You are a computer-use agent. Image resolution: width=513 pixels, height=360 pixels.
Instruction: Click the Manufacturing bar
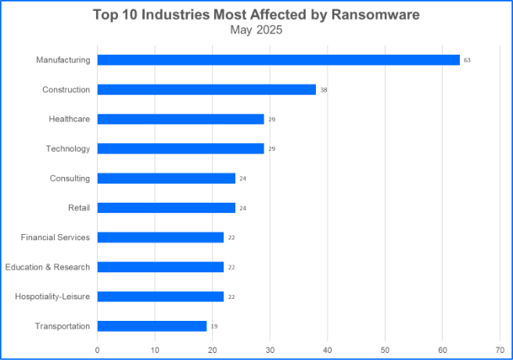(x=278, y=59)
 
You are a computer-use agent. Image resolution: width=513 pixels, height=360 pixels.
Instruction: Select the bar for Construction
(x=206, y=89)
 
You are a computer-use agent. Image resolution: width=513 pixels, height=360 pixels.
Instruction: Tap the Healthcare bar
(x=181, y=119)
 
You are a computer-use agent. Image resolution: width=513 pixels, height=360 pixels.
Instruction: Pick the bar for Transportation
(x=152, y=326)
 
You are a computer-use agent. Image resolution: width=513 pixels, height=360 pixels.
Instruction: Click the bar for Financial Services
(x=160, y=237)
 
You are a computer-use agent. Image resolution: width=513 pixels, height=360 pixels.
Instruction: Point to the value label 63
(x=467, y=60)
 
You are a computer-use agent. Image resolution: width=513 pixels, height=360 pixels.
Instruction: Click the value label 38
(x=323, y=90)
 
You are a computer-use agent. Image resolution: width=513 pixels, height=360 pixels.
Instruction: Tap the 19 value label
(x=213, y=326)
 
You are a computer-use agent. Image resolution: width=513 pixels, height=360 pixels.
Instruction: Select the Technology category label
(x=67, y=149)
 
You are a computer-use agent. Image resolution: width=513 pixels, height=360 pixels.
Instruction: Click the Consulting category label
(x=70, y=178)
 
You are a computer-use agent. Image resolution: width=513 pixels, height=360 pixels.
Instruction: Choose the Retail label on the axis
(x=78, y=207)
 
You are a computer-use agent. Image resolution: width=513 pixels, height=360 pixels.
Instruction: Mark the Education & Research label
(x=47, y=267)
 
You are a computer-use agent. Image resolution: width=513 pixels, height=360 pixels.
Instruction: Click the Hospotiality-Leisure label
(x=52, y=297)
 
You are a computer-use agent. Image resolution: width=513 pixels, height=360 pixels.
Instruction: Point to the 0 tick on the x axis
(x=97, y=349)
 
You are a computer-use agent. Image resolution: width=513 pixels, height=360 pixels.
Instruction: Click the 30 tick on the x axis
(x=270, y=349)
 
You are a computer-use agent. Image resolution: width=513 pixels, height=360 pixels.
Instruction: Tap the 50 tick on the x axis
(x=385, y=349)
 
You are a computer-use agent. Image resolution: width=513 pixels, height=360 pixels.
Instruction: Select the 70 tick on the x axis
(x=500, y=349)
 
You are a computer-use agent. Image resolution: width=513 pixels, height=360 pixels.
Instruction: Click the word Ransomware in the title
(x=374, y=15)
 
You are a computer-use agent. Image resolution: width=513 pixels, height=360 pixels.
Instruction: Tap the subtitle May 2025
(x=256, y=31)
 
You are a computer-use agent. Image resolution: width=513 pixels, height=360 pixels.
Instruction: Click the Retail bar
(x=166, y=207)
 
